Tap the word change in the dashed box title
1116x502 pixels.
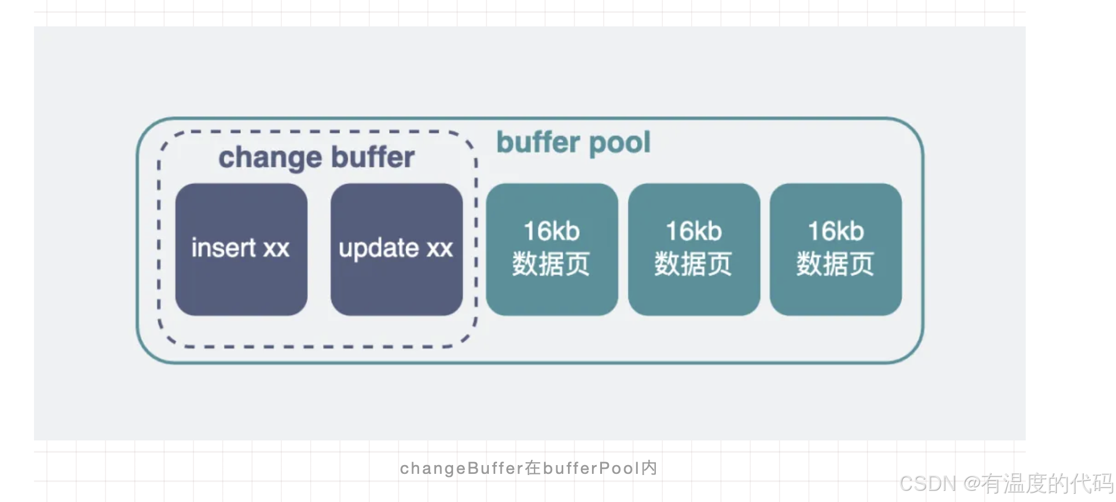click(x=270, y=158)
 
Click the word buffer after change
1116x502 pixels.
click(x=372, y=157)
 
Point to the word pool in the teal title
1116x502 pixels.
click(x=620, y=143)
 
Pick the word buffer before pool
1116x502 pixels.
click(x=538, y=143)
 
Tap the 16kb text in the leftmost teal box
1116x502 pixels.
click(x=552, y=231)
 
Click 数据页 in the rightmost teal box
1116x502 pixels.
click(x=835, y=264)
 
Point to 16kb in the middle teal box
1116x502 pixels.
click(x=694, y=231)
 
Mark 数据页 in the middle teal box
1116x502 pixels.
click(x=693, y=264)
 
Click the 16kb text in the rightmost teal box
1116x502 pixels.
click(x=836, y=231)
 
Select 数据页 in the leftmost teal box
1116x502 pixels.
click(x=551, y=264)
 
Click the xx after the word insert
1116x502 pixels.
click(x=276, y=248)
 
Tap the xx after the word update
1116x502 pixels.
click(x=440, y=248)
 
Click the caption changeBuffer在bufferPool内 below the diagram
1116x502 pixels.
click(x=528, y=468)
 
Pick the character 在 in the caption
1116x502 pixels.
click(x=533, y=468)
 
